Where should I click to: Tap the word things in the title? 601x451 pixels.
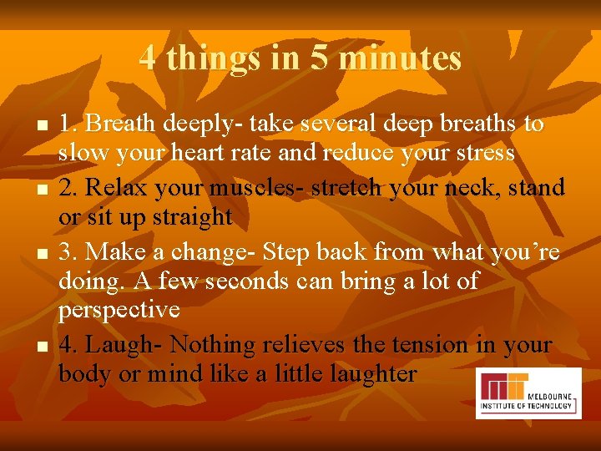(x=205, y=58)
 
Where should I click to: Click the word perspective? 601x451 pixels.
(x=119, y=312)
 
